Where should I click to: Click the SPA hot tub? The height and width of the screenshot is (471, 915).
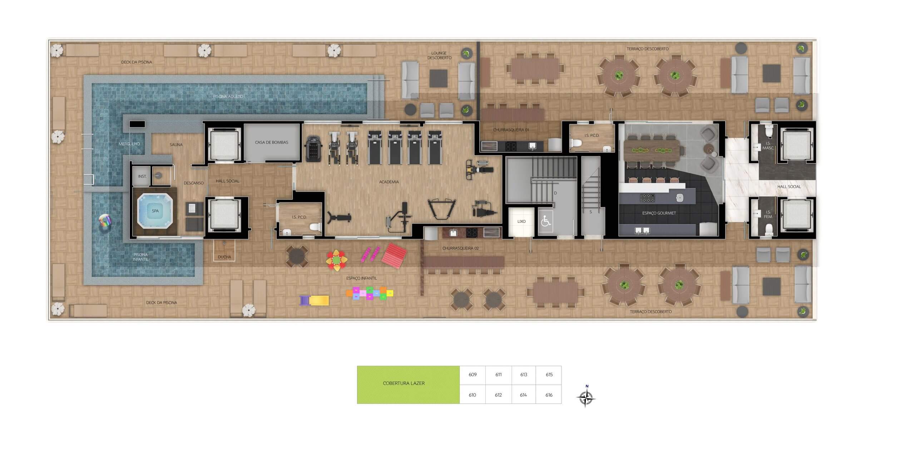(155, 211)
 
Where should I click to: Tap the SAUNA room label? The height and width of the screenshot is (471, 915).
(176, 145)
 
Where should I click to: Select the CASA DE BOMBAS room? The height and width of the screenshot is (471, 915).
(272, 142)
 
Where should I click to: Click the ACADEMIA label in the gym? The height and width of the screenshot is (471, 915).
(389, 182)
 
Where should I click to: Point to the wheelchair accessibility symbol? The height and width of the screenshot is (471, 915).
(545, 221)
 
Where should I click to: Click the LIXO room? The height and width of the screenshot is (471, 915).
(521, 222)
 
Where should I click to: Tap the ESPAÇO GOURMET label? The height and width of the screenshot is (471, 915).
(659, 213)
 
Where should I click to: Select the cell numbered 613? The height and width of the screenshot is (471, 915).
(524, 375)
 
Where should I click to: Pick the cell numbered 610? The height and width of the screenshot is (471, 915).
(472, 395)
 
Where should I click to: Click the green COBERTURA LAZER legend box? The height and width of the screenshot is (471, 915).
(408, 385)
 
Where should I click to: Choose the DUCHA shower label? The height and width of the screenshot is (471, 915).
(224, 257)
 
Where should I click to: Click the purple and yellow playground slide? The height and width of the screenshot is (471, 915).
(314, 301)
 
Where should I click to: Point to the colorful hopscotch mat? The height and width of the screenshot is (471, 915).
(370, 293)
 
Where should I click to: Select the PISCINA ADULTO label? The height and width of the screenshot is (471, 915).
(228, 96)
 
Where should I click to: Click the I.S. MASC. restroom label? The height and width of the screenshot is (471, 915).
(768, 146)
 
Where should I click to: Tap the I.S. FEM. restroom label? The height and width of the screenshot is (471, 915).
(768, 214)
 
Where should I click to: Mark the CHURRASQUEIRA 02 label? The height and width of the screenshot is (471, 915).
(460, 248)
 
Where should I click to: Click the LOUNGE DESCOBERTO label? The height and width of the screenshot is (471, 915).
(439, 55)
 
